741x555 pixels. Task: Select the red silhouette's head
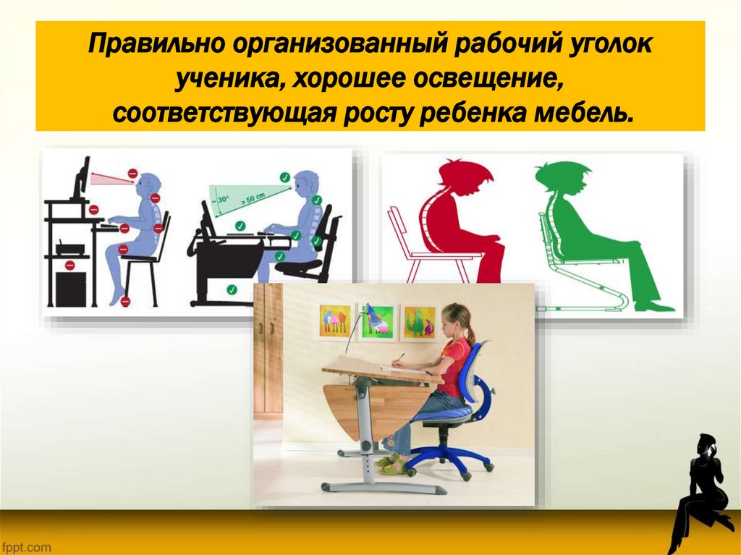point(464,177)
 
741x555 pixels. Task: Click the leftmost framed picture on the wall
point(335,321)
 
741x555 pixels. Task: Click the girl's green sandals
point(391,466)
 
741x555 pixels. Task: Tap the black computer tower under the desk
point(71,288)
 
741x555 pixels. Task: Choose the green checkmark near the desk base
point(232,289)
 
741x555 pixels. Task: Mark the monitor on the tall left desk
point(82,178)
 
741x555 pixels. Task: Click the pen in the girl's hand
point(397,357)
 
